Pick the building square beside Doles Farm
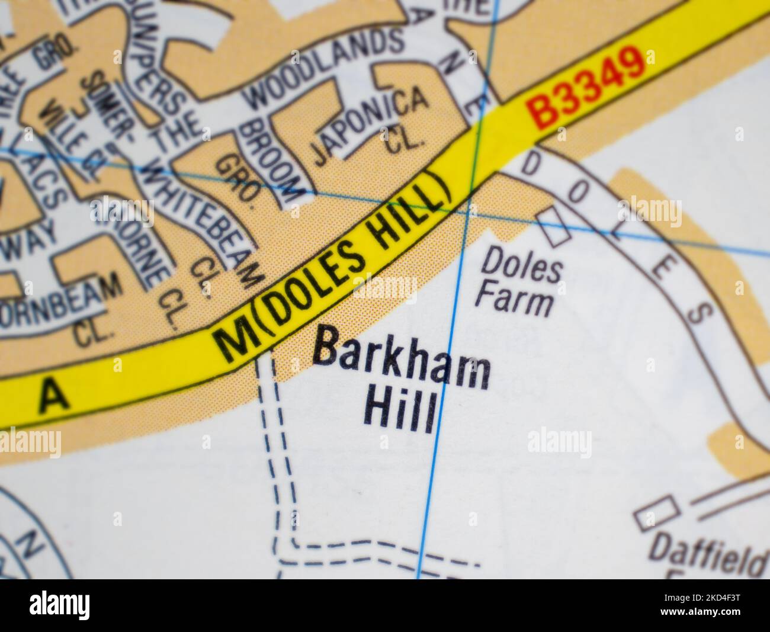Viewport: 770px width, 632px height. [554, 227]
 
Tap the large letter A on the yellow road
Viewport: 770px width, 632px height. [54, 396]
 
